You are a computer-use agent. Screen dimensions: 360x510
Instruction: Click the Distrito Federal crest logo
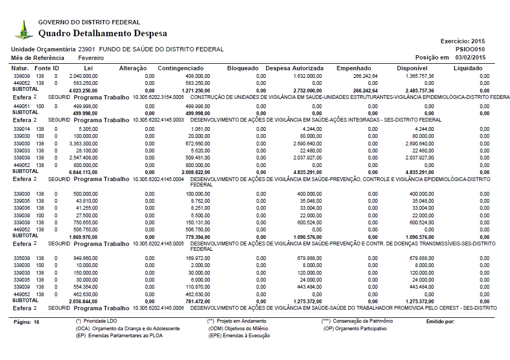coord(23,30)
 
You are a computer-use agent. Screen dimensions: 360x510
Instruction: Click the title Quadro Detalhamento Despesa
coord(103,34)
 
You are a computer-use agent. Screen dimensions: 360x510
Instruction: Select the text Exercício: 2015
coord(463,41)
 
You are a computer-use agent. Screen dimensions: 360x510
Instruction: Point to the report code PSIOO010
coord(471,49)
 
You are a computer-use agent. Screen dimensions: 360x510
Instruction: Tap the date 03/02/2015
coord(471,57)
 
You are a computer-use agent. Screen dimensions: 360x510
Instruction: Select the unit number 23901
coord(87,49)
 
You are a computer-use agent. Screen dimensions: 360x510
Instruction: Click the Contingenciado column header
coord(181,69)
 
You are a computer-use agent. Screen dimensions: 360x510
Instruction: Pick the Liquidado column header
coord(468,69)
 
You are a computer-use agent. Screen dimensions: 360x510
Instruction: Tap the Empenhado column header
coord(354,69)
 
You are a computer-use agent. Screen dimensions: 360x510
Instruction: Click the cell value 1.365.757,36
coord(419,76)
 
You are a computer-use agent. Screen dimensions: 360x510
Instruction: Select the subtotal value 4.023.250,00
coord(83,90)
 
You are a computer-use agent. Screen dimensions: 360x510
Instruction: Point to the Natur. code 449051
coord(21,106)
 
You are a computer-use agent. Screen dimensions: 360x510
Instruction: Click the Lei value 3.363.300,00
coord(83,144)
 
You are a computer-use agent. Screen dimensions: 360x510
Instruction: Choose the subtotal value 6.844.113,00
coord(83,172)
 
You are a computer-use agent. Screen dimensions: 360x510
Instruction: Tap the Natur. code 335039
coord(21,258)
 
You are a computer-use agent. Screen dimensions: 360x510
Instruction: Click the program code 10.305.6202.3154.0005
coord(158,97)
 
